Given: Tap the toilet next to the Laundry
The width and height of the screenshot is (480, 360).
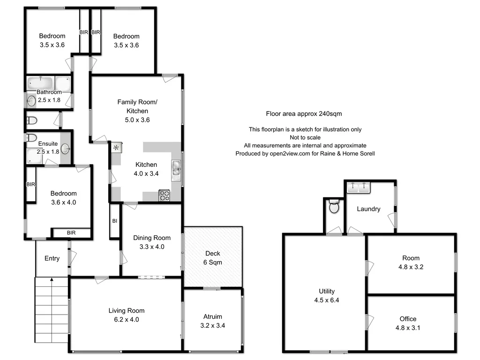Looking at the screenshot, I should [334, 207].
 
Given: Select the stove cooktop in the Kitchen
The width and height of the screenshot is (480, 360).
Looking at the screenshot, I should [165, 195].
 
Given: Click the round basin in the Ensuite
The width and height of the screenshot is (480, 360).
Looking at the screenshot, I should [66, 149].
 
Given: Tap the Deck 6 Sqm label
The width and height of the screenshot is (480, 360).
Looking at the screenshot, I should [213, 258].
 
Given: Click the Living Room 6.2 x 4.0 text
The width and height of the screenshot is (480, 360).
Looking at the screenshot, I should [127, 315].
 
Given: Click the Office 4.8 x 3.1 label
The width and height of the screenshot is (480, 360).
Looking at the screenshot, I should [408, 323].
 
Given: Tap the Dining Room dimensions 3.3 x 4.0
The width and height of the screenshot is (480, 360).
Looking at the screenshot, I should [152, 247].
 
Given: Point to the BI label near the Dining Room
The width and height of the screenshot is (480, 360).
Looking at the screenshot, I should [114, 221].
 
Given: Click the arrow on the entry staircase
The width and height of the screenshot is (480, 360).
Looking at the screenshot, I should [52, 280].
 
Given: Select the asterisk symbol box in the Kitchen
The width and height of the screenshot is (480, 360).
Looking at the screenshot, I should [116, 148].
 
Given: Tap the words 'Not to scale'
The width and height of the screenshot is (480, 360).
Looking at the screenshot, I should [305, 137].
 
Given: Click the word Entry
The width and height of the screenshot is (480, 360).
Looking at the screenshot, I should [52, 258].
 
